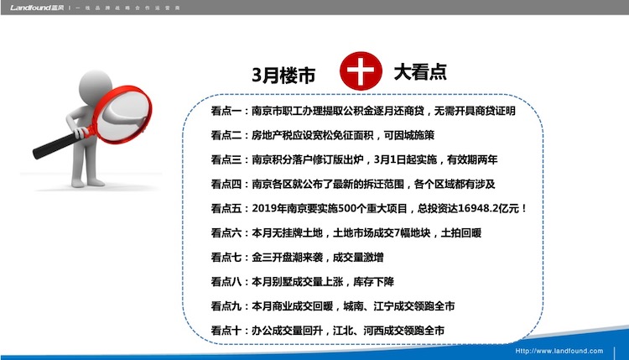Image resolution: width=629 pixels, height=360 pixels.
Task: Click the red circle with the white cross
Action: (x=361, y=70)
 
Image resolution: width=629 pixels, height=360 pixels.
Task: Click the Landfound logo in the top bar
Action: (x=37, y=8)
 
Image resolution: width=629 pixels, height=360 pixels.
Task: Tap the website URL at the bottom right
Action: (x=559, y=351)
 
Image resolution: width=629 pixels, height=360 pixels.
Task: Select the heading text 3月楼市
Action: (x=283, y=75)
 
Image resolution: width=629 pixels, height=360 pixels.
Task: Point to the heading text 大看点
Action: (x=420, y=72)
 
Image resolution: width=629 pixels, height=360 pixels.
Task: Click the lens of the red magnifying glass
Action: (x=125, y=113)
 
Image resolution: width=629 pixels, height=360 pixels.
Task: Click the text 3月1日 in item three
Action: (x=389, y=159)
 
